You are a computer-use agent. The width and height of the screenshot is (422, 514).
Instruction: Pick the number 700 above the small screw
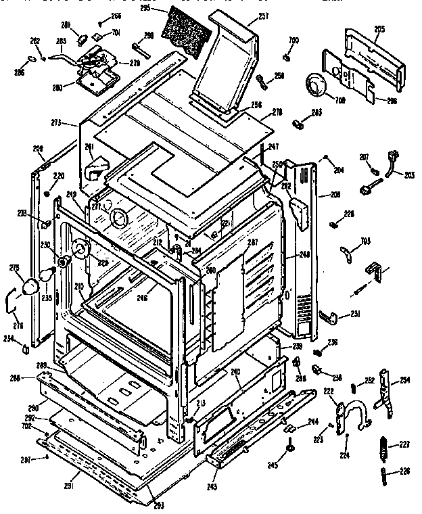[x=293, y=41]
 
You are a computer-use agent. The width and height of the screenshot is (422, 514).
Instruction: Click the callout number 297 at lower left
[x=24, y=459]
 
